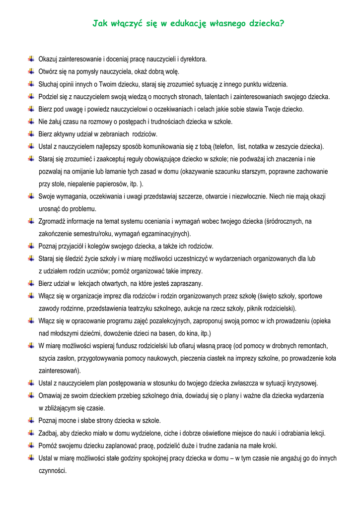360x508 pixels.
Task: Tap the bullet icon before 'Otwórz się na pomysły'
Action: pos(31,71)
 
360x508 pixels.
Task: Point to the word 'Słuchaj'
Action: pos(48,84)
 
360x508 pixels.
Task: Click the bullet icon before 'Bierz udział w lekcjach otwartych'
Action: pos(31,283)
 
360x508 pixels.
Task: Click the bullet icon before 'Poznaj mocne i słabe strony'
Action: pos(31,420)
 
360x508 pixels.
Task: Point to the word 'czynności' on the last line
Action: pos(52,470)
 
